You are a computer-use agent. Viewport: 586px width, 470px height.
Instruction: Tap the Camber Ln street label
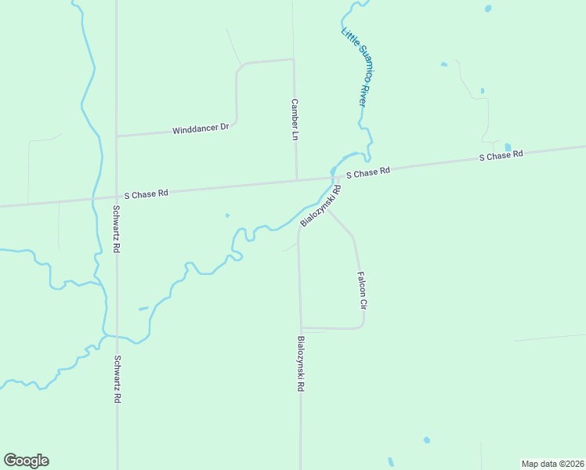pyautogui.click(x=295, y=119)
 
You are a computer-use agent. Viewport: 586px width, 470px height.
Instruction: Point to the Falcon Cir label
pyautogui.click(x=362, y=289)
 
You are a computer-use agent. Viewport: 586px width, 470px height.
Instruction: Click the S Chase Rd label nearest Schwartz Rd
pyautogui.click(x=146, y=193)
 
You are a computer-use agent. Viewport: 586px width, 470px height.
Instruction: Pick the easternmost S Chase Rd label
pyautogui.click(x=501, y=156)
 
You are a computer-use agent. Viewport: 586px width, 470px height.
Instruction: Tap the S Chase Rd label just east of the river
pyautogui.click(x=368, y=172)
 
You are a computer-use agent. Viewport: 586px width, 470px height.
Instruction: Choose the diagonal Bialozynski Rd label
pyautogui.click(x=321, y=206)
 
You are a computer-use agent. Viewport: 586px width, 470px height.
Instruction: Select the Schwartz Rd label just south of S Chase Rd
pyautogui.click(x=116, y=228)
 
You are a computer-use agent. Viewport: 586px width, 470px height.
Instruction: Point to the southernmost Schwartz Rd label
pyautogui.click(x=116, y=379)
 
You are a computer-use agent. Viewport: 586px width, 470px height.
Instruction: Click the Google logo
pyautogui.click(x=27, y=461)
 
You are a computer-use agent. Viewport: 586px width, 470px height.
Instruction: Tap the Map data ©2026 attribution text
pyautogui.click(x=552, y=464)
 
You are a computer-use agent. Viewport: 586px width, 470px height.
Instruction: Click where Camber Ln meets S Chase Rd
pyautogui.click(x=296, y=179)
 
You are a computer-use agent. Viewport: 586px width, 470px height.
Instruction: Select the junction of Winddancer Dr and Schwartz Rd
pyautogui.click(x=117, y=136)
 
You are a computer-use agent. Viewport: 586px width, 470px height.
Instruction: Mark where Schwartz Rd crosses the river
pyautogui.click(x=117, y=337)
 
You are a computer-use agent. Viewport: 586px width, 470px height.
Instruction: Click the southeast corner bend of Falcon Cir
pyautogui.click(x=362, y=325)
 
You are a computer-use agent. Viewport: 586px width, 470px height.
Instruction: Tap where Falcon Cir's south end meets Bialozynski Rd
pyautogui.click(x=301, y=328)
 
